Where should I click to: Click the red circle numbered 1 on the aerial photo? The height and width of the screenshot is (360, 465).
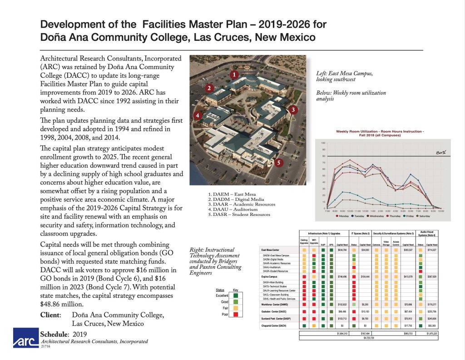point(233,74)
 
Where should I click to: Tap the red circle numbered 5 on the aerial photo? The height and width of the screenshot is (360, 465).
point(280,162)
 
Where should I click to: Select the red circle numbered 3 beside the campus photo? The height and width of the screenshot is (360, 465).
point(293,109)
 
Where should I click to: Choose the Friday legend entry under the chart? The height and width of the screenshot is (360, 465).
point(407,216)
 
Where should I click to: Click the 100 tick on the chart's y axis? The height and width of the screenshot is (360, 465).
point(324,143)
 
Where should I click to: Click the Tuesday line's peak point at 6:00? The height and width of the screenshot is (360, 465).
point(411,174)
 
